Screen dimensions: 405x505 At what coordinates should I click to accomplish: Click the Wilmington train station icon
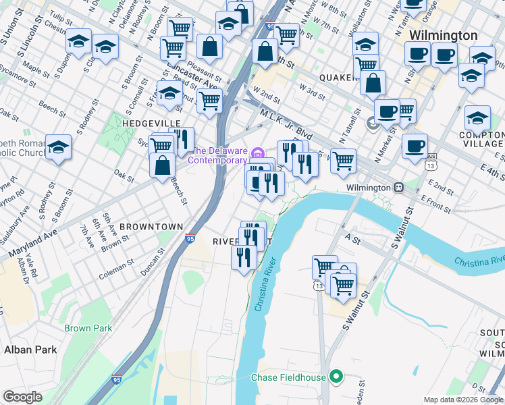(x=399, y=187)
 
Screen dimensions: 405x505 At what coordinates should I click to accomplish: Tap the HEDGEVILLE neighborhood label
(x=151, y=124)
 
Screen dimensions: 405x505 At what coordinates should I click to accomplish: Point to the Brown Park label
(x=88, y=328)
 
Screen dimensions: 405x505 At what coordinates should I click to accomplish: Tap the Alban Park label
(x=30, y=349)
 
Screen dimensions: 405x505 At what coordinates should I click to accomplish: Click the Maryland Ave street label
(x=30, y=246)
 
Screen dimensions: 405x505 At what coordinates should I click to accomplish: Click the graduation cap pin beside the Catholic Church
(x=59, y=147)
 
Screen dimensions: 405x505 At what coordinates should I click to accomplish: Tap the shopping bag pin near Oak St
(x=163, y=165)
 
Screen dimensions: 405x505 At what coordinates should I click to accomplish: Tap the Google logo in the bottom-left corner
(x=22, y=396)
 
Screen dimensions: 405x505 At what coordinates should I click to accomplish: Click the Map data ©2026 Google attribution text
(x=463, y=400)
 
